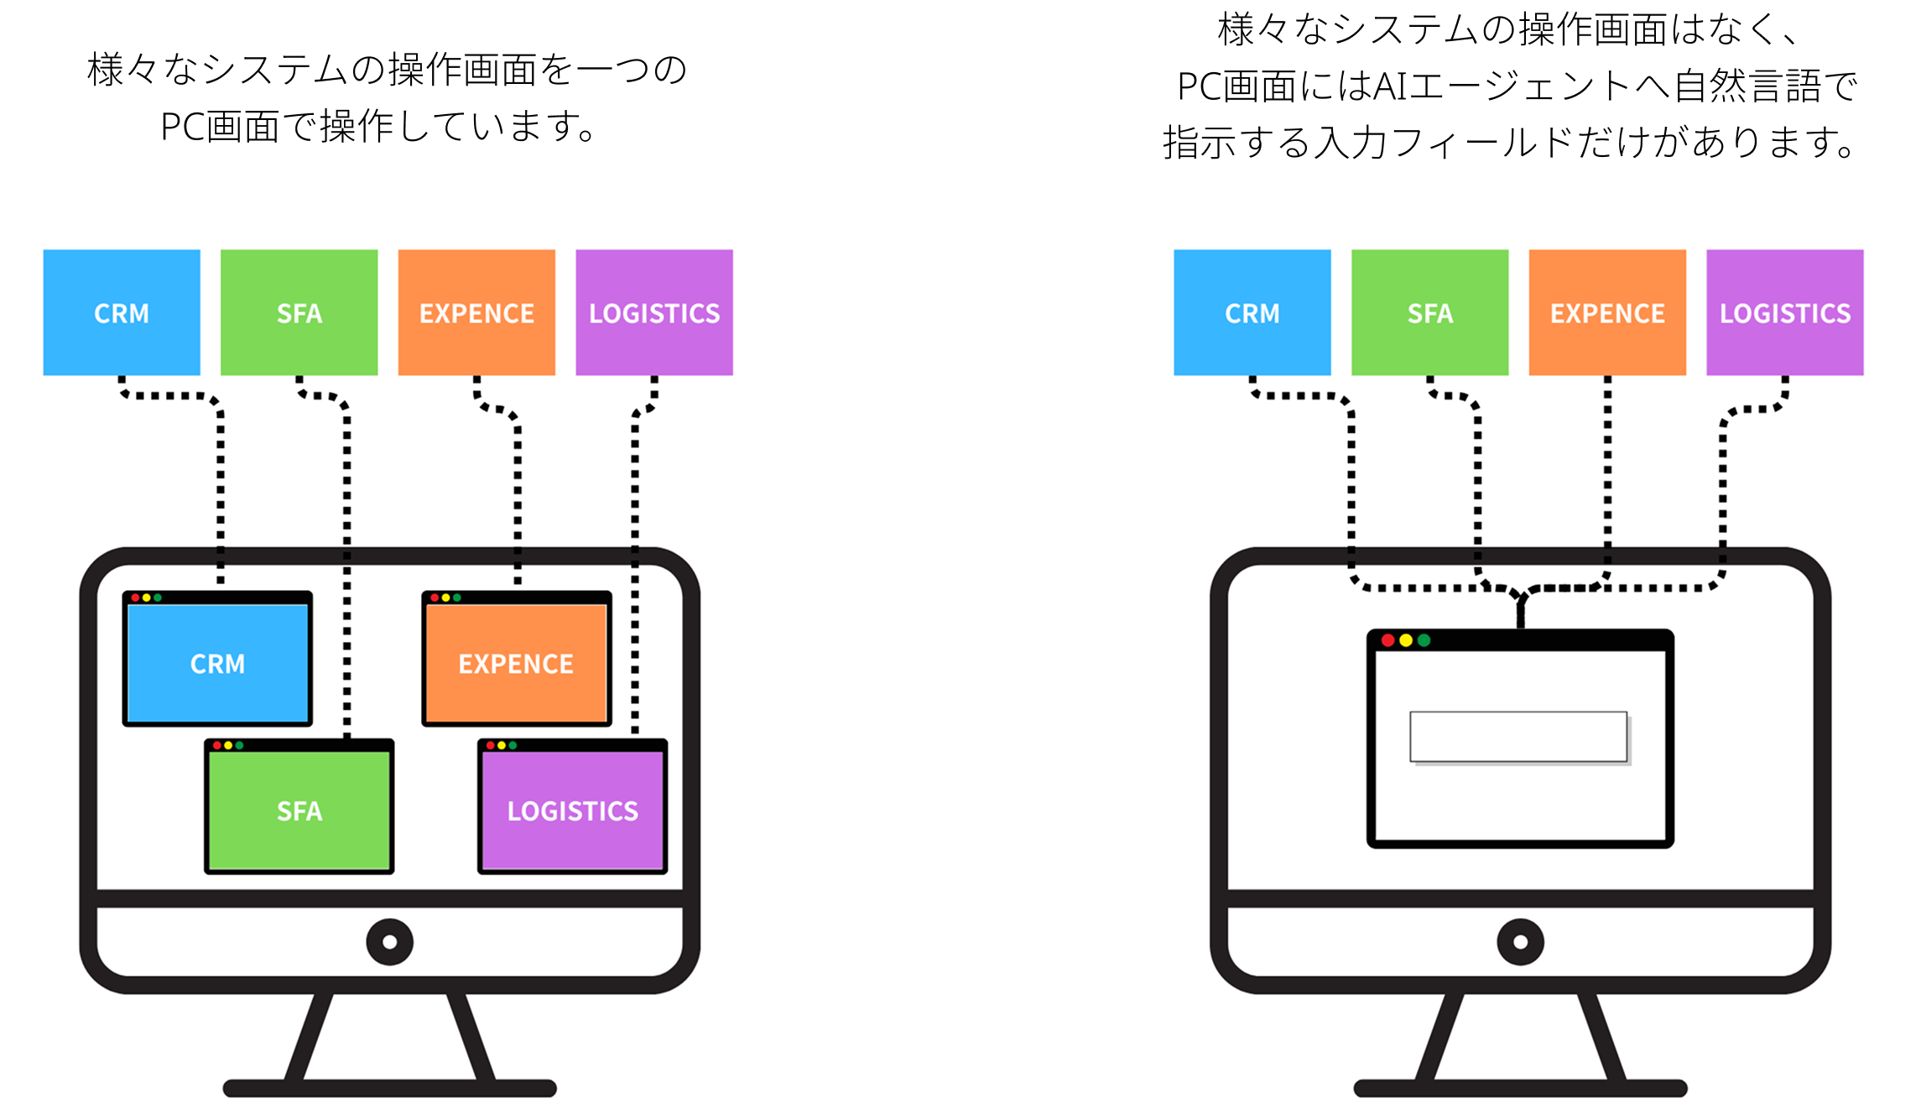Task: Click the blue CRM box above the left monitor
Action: tap(122, 312)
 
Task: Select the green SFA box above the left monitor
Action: tap(299, 312)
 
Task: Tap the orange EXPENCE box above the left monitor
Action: tap(476, 312)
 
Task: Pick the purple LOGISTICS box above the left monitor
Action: tap(654, 312)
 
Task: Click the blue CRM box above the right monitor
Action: tap(1252, 312)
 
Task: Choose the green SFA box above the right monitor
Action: tap(1429, 312)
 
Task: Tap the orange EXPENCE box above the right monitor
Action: tap(1607, 312)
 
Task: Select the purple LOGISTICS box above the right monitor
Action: tap(1785, 312)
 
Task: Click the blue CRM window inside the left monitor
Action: tap(217, 663)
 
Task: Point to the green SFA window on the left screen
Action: tap(299, 811)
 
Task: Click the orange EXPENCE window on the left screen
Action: tap(516, 663)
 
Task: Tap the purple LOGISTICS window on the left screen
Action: tap(572, 811)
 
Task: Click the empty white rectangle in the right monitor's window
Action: tap(1518, 737)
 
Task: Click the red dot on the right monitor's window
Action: tap(1388, 640)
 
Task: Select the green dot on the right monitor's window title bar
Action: tap(1424, 640)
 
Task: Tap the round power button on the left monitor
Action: tap(389, 942)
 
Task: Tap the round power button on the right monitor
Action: tap(1520, 942)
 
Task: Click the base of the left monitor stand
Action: tap(389, 1088)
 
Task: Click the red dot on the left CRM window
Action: tap(136, 598)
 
